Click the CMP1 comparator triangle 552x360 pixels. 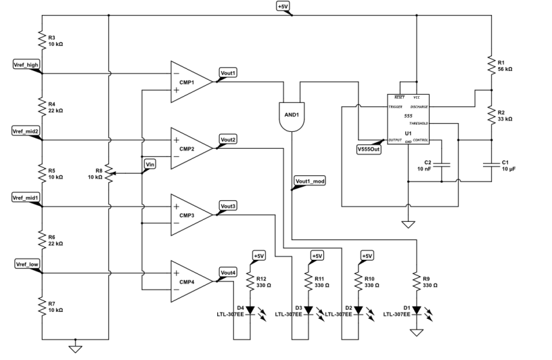tap(191, 81)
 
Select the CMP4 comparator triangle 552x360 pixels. tap(191, 281)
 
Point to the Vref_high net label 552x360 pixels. tap(26, 64)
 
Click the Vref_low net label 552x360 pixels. tap(26, 263)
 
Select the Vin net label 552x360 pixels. tap(151, 164)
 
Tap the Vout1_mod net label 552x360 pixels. tap(309, 181)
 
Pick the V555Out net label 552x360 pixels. tap(369, 149)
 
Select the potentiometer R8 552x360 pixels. tap(108, 173)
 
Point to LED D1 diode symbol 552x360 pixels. tap(417, 311)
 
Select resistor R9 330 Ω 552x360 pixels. tap(417, 282)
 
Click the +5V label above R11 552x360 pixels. tap(317, 256)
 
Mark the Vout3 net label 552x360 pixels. tap(228, 205)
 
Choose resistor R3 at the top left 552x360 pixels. tap(42, 39)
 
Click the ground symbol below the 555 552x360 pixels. tap(408, 223)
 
